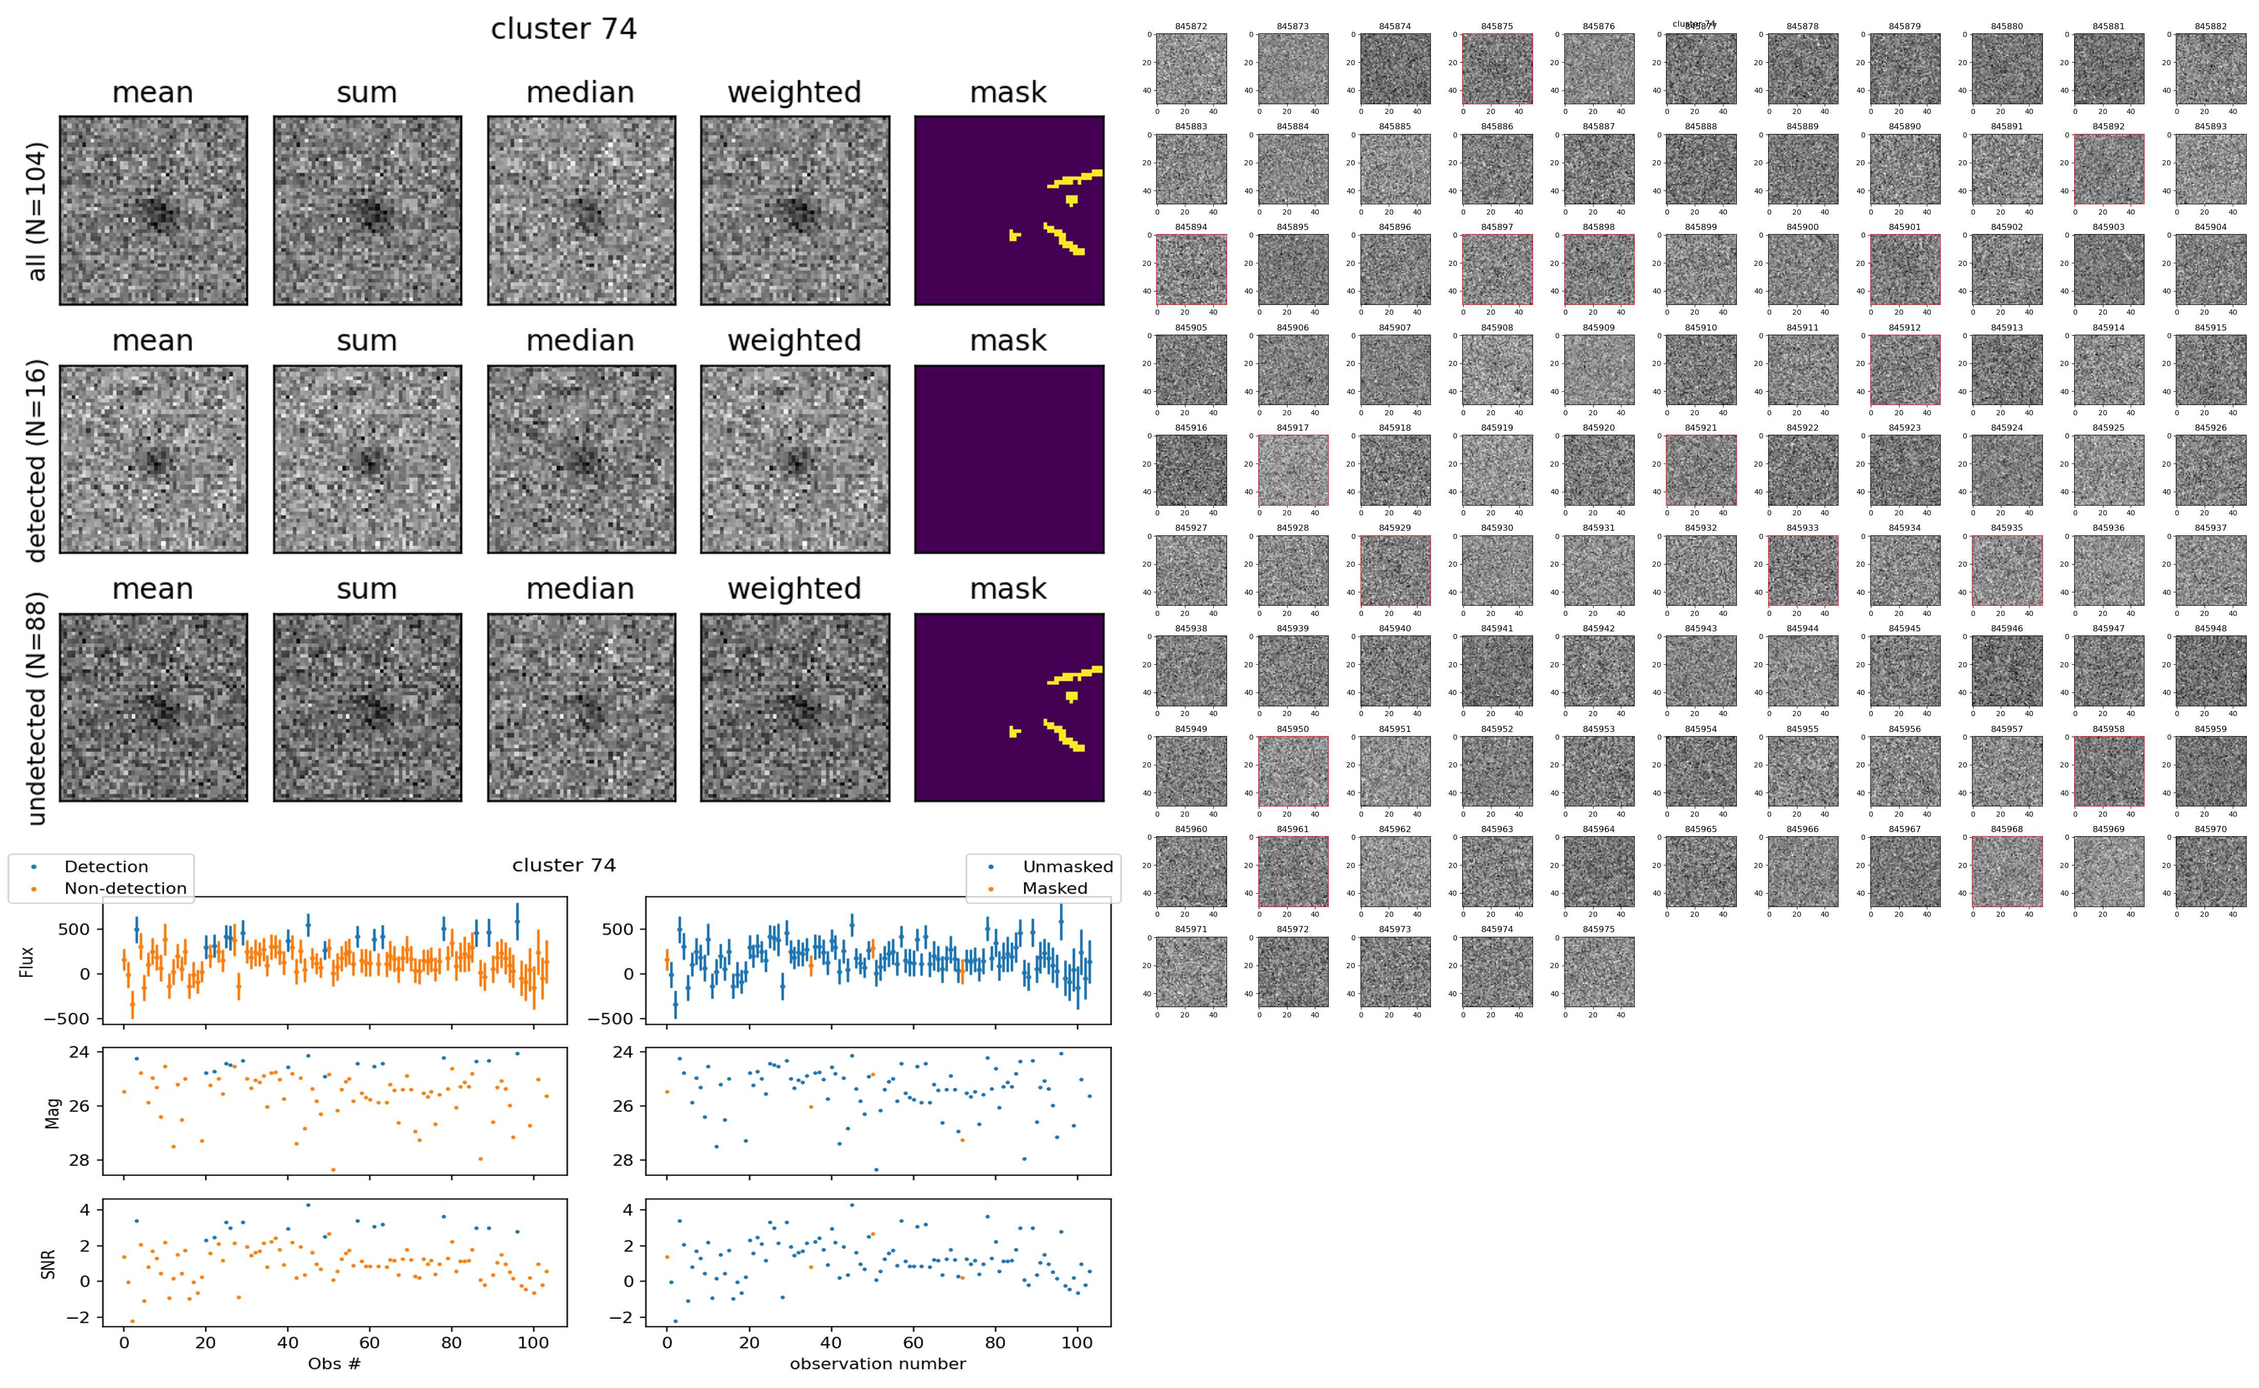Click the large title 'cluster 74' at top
[564, 29]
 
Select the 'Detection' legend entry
[106, 866]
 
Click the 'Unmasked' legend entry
[1067, 866]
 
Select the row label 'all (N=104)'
[37, 211]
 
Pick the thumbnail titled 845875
[1497, 69]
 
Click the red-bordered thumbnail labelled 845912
[1905, 370]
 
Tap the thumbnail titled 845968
[2006, 871]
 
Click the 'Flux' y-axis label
[28, 961]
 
